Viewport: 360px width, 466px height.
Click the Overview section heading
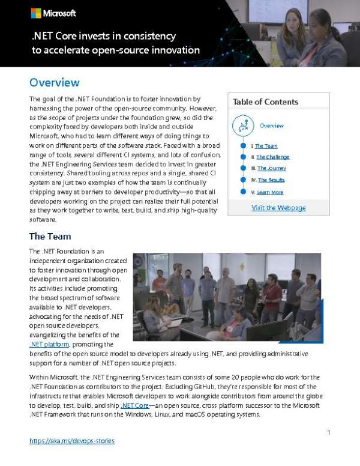point(54,82)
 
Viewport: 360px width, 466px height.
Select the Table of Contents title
point(265,102)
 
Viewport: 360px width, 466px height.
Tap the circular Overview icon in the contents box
point(244,126)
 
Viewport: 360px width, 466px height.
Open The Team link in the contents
point(266,146)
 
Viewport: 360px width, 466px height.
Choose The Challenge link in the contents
point(272,157)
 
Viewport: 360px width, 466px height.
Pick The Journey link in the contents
point(271,168)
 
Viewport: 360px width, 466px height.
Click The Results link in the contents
point(271,180)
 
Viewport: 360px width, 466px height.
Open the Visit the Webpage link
point(278,208)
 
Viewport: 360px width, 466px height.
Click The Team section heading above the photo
point(51,236)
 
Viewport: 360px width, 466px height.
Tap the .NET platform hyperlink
point(49,344)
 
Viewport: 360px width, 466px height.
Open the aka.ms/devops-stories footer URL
point(71,441)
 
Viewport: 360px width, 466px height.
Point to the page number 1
point(329,432)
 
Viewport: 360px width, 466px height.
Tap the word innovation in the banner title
point(171,50)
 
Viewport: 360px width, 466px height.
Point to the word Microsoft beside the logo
point(59,13)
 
